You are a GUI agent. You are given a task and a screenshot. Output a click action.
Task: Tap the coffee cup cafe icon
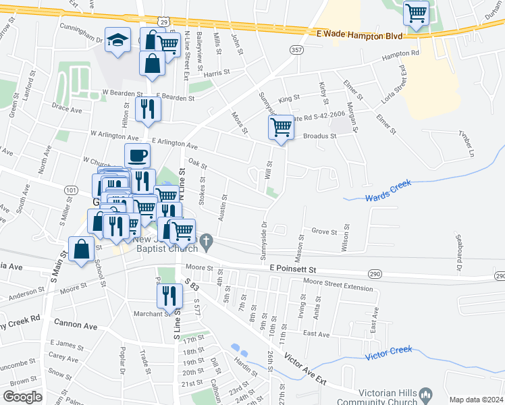[137, 155]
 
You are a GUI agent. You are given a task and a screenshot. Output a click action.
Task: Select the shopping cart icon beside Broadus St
[281, 126]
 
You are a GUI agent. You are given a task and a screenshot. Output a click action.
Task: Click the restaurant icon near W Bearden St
[148, 108]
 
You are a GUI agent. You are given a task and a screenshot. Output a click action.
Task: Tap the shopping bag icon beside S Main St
[82, 248]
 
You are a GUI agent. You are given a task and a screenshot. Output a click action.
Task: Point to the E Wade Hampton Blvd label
[359, 34]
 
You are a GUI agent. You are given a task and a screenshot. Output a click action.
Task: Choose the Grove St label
[324, 232]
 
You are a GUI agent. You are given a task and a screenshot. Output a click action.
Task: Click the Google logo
[22, 396]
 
